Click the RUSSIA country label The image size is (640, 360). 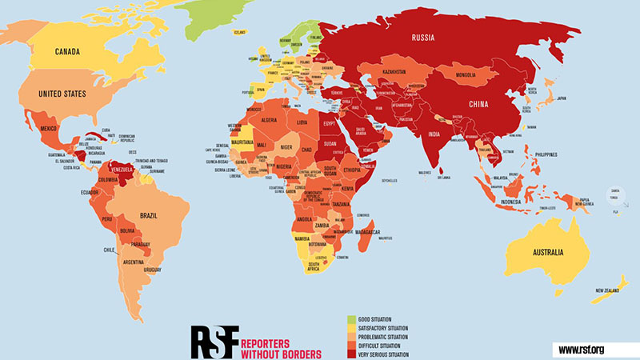pyautogui.click(x=426, y=38)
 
